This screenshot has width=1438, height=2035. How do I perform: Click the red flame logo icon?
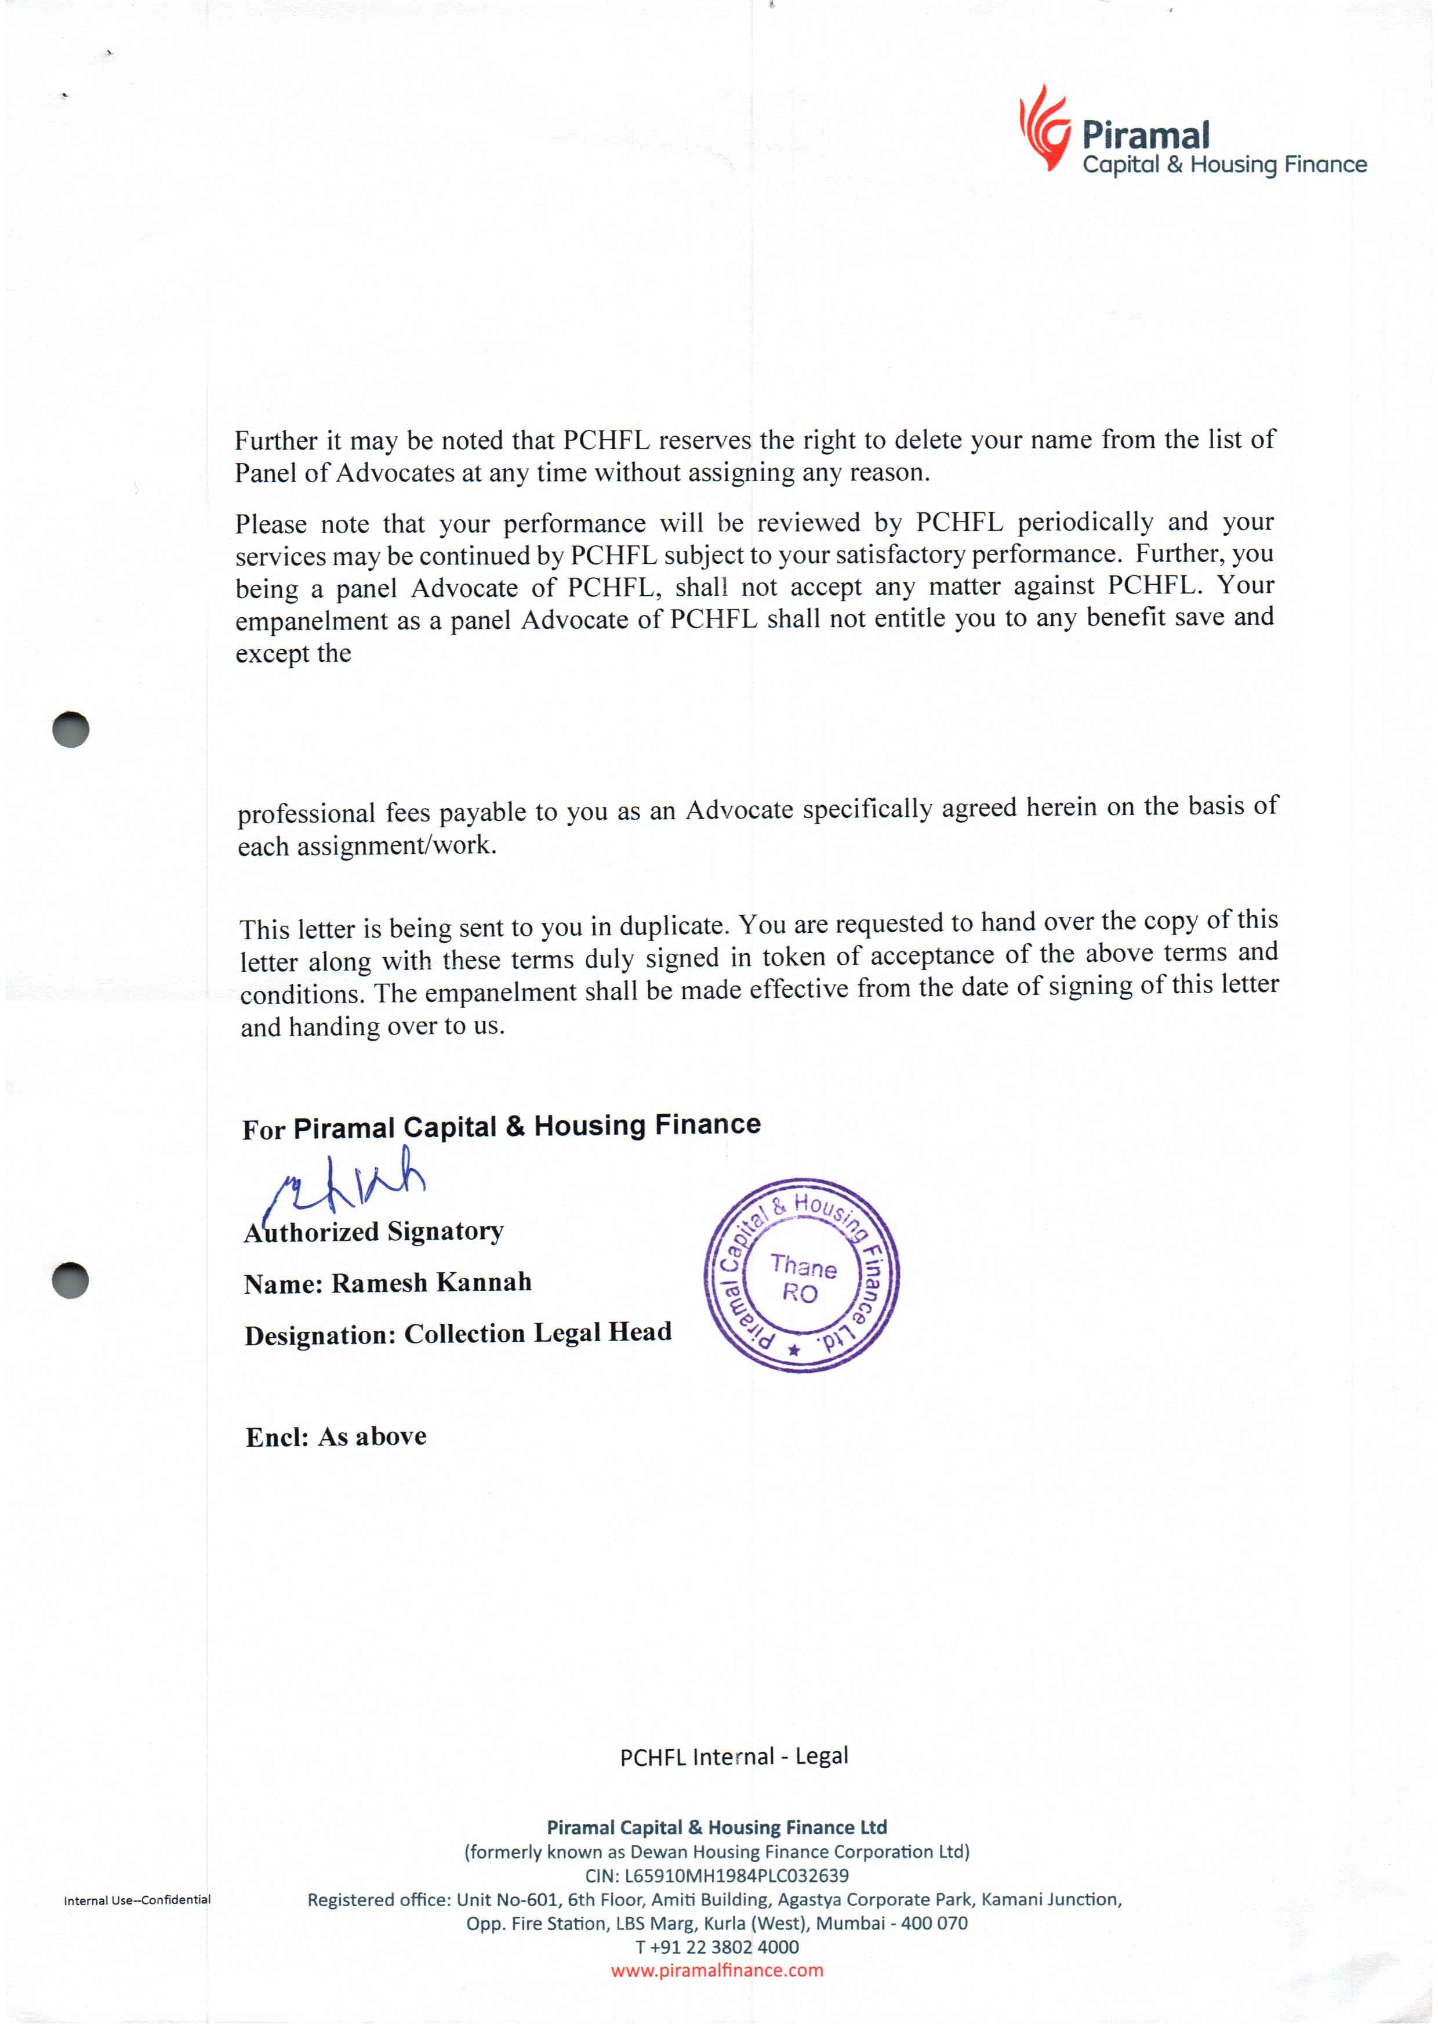point(1044,129)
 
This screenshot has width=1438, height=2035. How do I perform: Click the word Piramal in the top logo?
point(1145,136)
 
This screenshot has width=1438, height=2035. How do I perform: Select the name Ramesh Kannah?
point(431,1283)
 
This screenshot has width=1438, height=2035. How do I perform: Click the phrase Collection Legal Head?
point(538,1333)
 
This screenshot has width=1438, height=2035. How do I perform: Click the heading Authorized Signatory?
point(374,1232)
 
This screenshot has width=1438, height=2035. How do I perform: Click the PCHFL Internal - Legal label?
point(733,1757)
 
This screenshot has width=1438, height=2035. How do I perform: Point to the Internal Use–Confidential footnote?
point(137,1899)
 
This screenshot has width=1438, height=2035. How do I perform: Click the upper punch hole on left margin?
point(71,729)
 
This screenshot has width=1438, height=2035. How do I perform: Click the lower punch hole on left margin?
point(71,1279)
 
